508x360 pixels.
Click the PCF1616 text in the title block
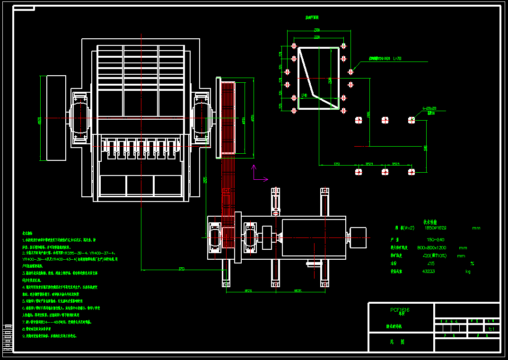click(400, 310)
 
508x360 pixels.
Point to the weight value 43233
click(429, 272)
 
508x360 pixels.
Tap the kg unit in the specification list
click(468, 272)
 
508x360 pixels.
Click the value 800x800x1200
click(432, 247)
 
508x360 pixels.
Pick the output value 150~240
click(436, 239)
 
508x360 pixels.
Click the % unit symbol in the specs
click(472, 263)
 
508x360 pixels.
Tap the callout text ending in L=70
click(385, 59)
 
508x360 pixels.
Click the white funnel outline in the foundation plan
click(317, 78)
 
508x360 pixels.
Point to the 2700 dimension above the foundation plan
click(317, 31)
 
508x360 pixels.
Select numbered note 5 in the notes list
click(53, 300)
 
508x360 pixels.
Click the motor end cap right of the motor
click(358, 237)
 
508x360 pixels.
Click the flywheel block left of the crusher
click(56, 117)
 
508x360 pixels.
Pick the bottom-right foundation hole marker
click(412, 172)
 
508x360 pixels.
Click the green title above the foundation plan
click(312, 18)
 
